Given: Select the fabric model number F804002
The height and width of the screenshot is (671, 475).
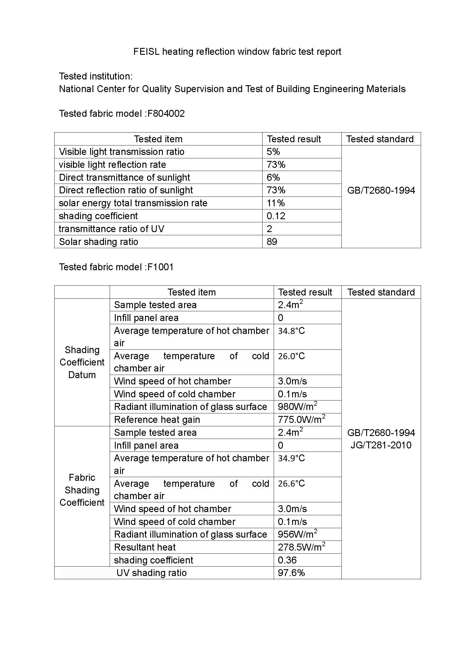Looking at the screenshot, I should [166, 114].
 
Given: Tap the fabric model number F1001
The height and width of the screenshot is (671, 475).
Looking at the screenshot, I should [160, 267].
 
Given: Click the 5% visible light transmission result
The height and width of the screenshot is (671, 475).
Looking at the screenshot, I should [273, 152].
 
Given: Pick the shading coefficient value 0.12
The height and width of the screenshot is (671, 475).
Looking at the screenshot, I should [276, 216].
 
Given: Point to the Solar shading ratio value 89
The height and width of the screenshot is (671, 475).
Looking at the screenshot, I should [272, 242].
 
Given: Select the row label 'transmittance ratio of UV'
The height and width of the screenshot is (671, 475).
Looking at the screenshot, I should [111, 229].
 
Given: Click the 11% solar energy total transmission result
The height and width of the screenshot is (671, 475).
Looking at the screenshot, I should [275, 203].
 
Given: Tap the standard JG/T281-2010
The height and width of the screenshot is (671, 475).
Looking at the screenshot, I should [381, 445].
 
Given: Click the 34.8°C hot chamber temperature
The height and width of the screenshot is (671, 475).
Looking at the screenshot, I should [291, 331].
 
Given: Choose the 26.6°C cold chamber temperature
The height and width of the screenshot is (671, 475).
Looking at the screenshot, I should [291, 484].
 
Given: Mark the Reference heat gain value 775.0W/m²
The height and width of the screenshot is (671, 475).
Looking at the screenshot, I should [301, 419].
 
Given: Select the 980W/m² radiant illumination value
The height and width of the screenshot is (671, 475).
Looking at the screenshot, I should [298, 407].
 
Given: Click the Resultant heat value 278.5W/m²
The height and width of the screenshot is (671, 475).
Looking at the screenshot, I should [301, 547].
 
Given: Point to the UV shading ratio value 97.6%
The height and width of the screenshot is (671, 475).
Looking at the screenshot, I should [291, 573].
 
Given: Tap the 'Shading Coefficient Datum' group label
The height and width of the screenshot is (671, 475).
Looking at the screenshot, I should [82, 362].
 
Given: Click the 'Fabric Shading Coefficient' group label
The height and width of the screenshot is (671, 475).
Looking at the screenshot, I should [82, 490].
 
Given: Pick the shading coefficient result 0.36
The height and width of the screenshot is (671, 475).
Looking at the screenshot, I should [287, 560].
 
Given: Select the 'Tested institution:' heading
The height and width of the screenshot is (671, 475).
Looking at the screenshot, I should [96, 76].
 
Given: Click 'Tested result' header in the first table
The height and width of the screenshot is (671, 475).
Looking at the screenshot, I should [294, 139].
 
